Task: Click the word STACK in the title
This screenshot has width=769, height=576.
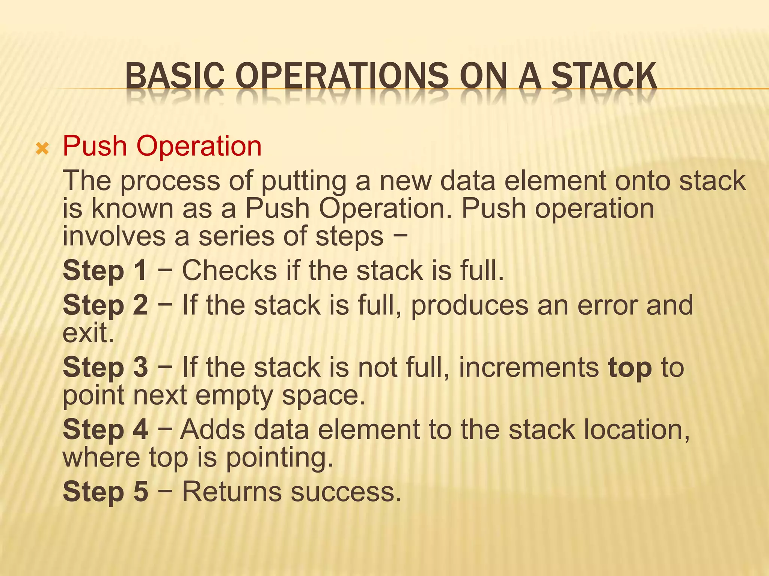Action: point(604,76)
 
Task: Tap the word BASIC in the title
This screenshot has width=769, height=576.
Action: point(175,76)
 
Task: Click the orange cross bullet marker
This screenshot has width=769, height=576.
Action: point(42,149)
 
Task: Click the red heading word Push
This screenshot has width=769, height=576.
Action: point(95,146)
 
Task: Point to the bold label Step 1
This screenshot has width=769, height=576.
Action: point(105,270)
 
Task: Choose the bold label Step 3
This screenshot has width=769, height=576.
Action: point(106,367)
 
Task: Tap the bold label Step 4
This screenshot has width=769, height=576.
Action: point(106,429)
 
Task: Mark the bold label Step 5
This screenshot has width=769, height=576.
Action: point(106,492)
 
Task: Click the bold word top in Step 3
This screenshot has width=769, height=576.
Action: point(630,368)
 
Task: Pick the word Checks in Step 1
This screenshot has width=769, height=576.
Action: point(229,270)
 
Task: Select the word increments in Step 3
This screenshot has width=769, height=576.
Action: point(529,367)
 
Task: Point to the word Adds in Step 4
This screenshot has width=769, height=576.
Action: point(213,429)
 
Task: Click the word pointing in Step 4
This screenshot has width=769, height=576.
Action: point(280,458)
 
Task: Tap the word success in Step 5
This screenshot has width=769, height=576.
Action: point(346,492)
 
